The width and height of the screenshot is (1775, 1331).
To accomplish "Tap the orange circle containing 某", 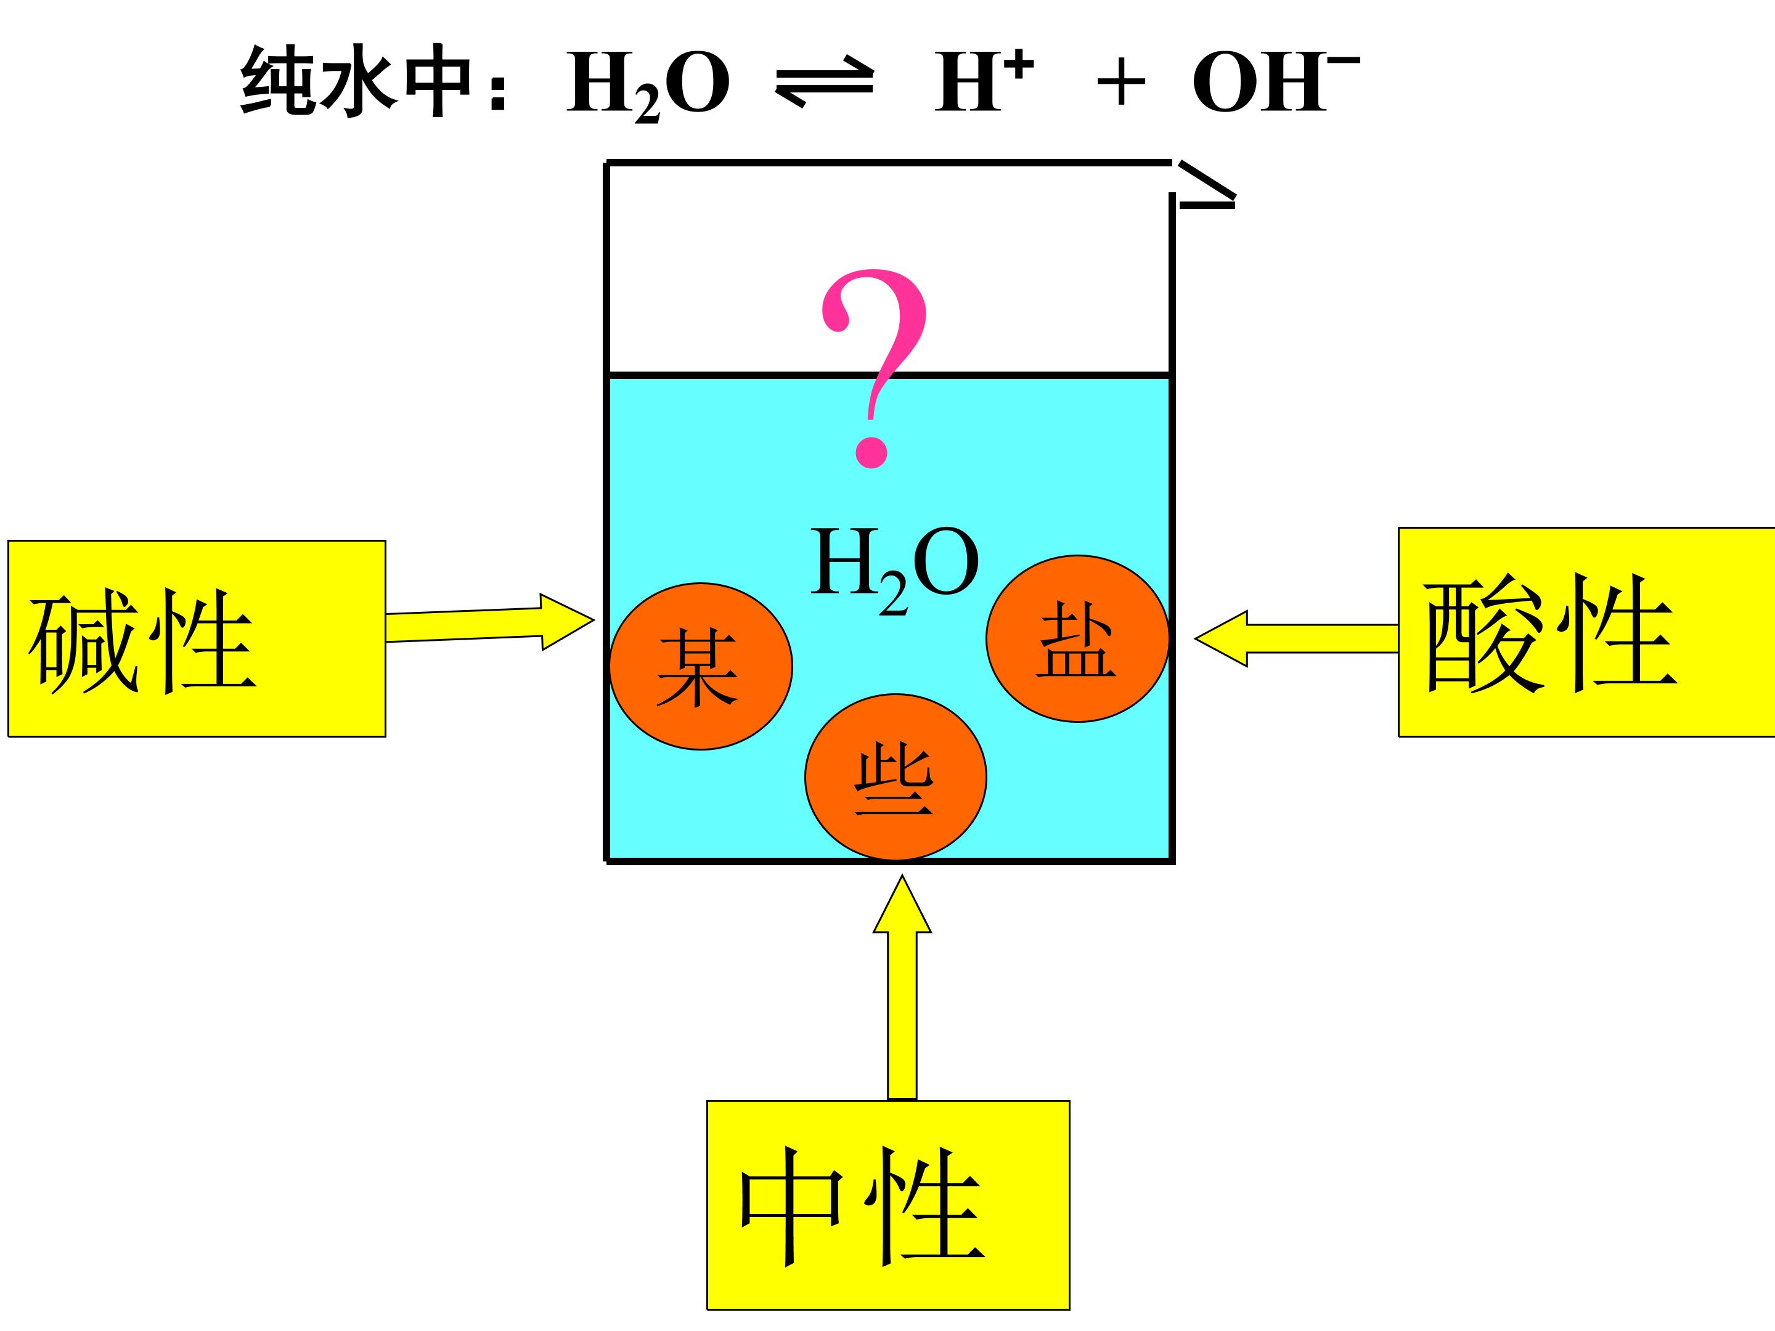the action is [x=701, y=666].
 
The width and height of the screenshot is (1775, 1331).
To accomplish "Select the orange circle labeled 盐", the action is [x=1077, y=638].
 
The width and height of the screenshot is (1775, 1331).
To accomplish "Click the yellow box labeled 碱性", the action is [x=197, y=638].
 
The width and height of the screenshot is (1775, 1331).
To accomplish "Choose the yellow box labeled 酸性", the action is [x=1586, y=632].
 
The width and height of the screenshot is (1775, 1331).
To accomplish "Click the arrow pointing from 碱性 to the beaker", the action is [x=489, y=622].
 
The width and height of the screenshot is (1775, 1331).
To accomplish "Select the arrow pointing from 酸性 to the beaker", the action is [x=1296, y=638].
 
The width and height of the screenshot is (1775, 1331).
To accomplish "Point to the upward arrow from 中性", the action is [x=902, y=987].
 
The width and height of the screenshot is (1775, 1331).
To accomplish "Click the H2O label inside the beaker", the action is [x=895, y=569].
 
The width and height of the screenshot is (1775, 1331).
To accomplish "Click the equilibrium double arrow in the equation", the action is [x=824, y=83].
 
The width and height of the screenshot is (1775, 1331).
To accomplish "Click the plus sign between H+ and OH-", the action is [x=1120, y=82].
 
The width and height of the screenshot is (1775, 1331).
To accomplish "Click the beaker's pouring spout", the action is [x=1206, y=185].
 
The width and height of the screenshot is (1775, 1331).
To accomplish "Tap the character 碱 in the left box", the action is [x=83, y=642].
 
